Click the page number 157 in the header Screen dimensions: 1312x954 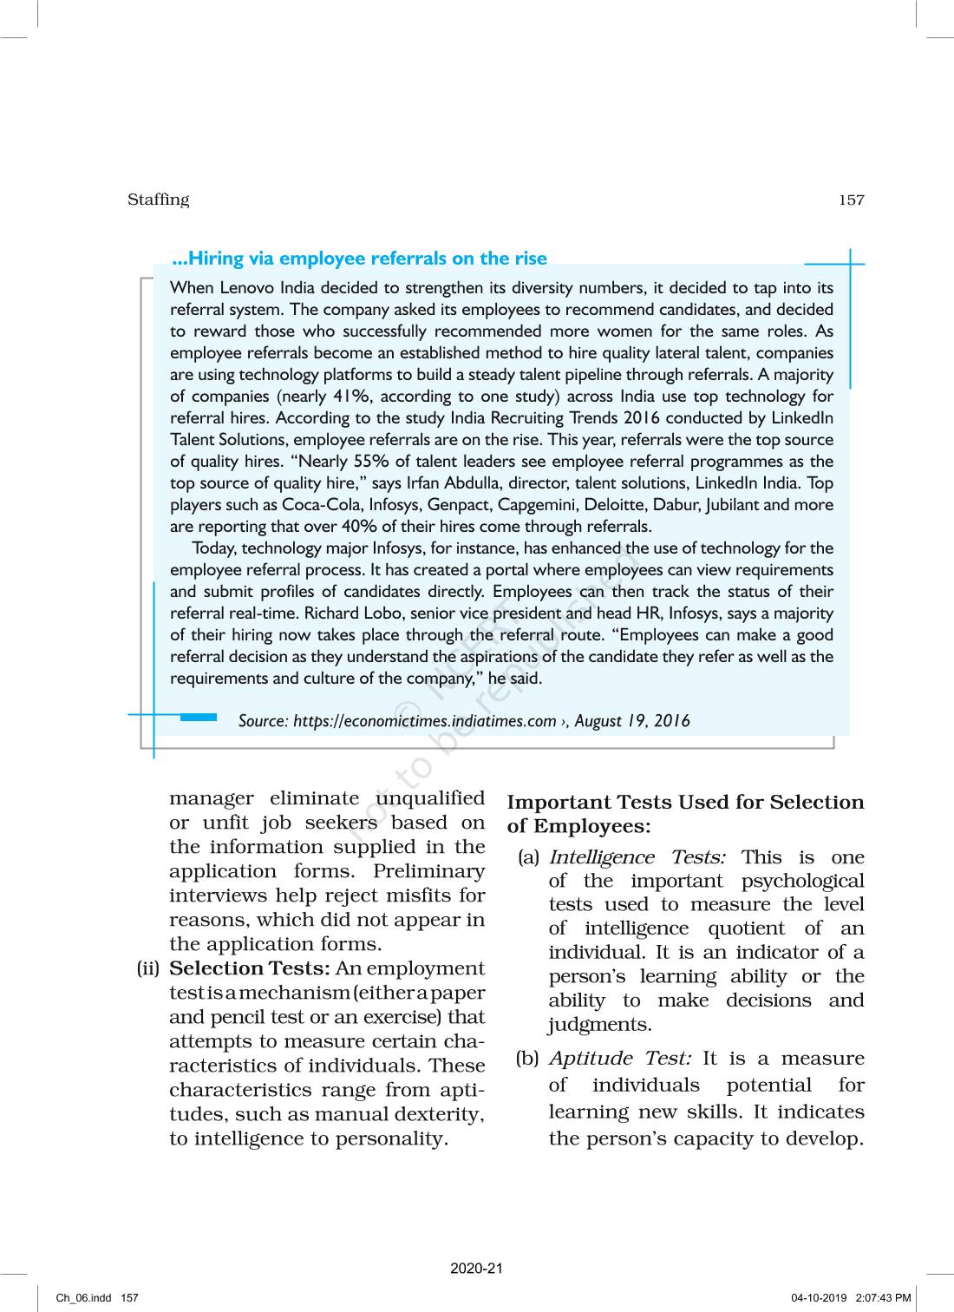[x=851, y=200]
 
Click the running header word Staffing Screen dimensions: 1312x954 [x=158, y=200]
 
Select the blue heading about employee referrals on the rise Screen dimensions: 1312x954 [x=360, y=258]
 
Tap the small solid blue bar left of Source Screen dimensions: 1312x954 [x=199, y=718]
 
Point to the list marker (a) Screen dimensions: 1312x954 [x=528, y=857]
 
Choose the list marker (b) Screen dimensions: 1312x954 [x=527, y=1059]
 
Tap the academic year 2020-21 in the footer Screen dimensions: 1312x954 [x=476, y=1269]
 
